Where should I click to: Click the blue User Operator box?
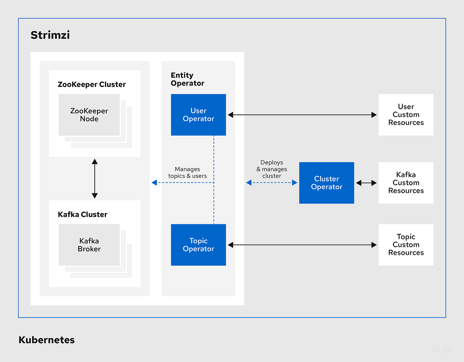click(198, 115)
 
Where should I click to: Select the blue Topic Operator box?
click(198, 245)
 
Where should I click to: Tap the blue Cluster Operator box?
click(327, 183)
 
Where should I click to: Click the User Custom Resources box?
click(406, 115)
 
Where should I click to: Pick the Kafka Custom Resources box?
click(406, 183)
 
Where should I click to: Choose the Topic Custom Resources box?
click(406, 245)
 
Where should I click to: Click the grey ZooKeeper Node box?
click(89, 115)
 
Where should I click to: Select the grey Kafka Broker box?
click(89, 245)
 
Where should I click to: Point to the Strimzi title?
click(50, 35)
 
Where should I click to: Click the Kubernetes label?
click(47, 340)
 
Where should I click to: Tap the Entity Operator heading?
click(188, 79)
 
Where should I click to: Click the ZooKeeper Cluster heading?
click(92, 84)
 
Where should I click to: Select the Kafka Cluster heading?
click(83, 214)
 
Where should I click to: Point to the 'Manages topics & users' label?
click(188, 172)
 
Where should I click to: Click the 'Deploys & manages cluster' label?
click(272, 169)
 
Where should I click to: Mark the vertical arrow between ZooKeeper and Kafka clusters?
click(95, 178)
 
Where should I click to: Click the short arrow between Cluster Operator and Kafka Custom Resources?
click(366, 183)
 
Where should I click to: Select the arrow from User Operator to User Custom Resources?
click(302, 115)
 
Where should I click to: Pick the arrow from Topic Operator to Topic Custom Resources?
click(302, 245)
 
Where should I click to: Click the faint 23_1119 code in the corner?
click(442, 349)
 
